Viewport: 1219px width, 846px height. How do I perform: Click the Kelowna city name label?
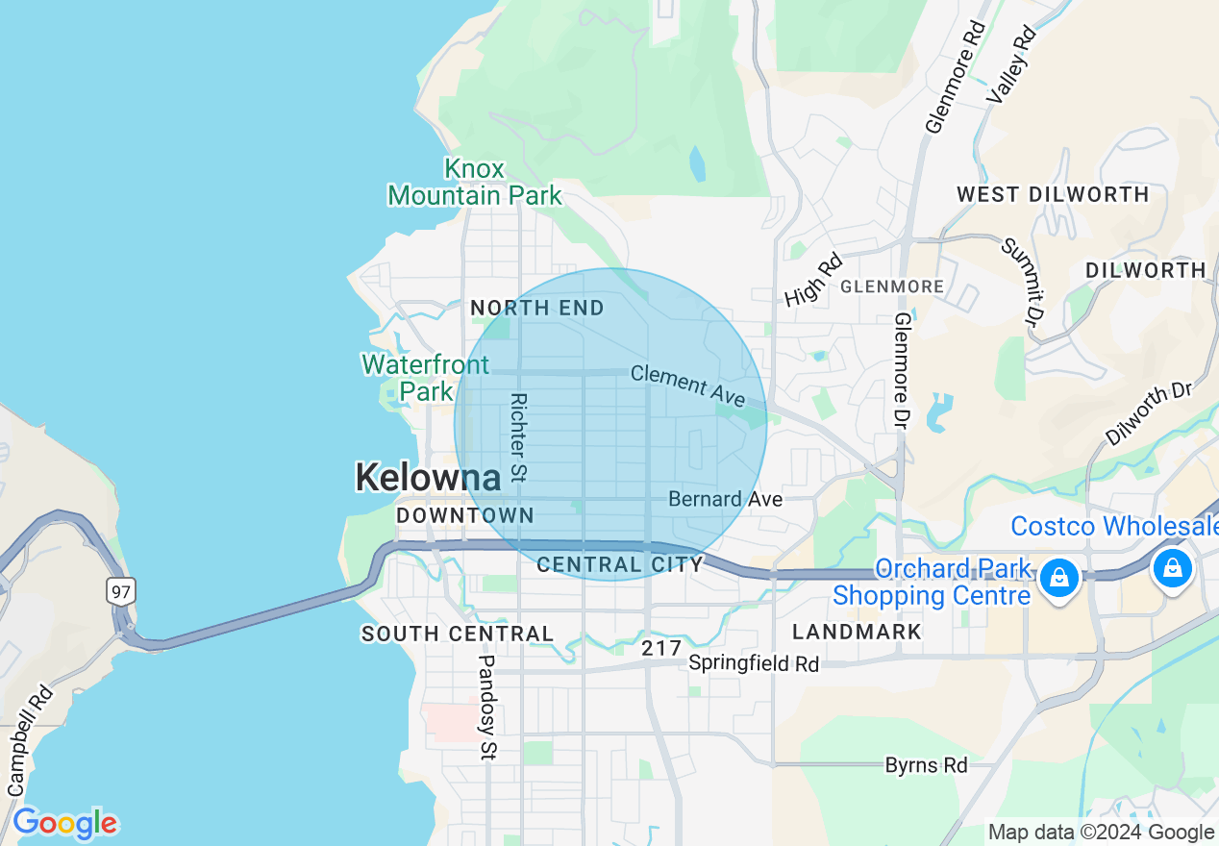click(x=428, y=478)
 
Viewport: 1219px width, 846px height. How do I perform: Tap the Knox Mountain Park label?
click(x=474, y=183)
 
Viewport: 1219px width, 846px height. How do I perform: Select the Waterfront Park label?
click(x=425, y=378)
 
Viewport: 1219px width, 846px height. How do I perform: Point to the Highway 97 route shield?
click(x=121, y=590)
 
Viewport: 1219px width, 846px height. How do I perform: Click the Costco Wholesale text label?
click(x=1113, y=527)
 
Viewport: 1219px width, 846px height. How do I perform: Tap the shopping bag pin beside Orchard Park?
click(x=1058, y=577)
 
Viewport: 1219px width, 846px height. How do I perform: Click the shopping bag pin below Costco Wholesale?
click(x=1173, y=567)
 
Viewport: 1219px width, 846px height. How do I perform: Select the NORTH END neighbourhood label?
click(x=536, y=309)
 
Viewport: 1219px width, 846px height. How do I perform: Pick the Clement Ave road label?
click(x=687, y=386)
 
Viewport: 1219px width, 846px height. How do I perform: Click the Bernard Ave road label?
click(x=725, y=499)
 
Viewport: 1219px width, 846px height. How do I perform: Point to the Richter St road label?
click(x=519, y=437)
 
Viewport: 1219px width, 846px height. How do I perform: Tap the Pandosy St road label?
click(x=487, y=708)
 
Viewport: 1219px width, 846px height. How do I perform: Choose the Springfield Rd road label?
click(x=754, y=663)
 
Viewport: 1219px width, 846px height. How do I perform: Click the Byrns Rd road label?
click(x=926, y=765)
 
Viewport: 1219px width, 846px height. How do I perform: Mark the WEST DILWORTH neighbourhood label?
click(x=1053, y=194)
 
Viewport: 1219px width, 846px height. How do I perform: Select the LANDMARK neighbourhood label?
click(x=857, y=632)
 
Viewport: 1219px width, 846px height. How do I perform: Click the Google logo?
click(x=64, y=824)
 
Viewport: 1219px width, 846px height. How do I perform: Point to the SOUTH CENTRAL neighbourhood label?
click(x=458, y=634)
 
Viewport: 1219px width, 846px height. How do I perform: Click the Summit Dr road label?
click(x=1022, y=280)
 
